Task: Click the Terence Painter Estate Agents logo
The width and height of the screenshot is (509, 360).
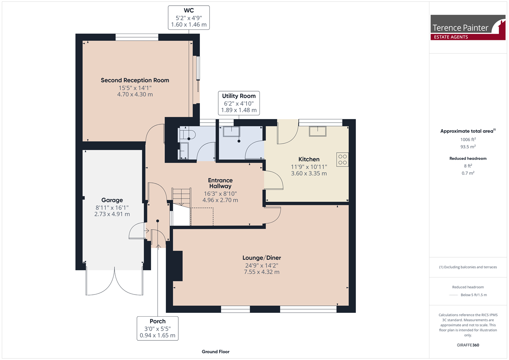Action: tap(468, 28)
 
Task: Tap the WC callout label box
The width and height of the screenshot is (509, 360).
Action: tap(189, 17)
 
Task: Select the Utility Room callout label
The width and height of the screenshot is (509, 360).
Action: tap(239, 103)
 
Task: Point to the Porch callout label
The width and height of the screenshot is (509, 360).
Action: tap(158, 328)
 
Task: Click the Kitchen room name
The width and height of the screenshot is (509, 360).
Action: tap(309, 159)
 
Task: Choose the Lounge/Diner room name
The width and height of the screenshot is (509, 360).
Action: tap(262, 258)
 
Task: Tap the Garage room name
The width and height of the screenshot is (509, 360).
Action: tap(112, 200)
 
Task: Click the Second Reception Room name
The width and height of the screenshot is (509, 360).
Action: tap(135, 80)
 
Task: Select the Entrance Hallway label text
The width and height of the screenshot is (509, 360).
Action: tap(220, 183)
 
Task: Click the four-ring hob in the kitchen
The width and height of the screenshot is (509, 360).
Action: tap(342, 159)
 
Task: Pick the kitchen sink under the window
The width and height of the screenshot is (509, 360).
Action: tap(317, 131)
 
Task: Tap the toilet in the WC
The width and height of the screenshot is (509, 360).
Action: tap(187, 135)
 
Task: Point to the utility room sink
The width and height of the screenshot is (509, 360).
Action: tap(232, 132)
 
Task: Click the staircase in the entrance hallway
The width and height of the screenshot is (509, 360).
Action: tap(181, 198)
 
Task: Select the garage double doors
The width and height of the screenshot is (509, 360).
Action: tap(114, 282)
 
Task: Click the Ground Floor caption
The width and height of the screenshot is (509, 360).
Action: tap(215, 352)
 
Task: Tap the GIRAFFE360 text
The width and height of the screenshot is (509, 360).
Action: tap(468, 345)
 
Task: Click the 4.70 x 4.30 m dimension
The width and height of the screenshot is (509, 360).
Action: tap(135, 94)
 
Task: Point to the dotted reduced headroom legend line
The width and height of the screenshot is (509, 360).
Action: tap(454, 295)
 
